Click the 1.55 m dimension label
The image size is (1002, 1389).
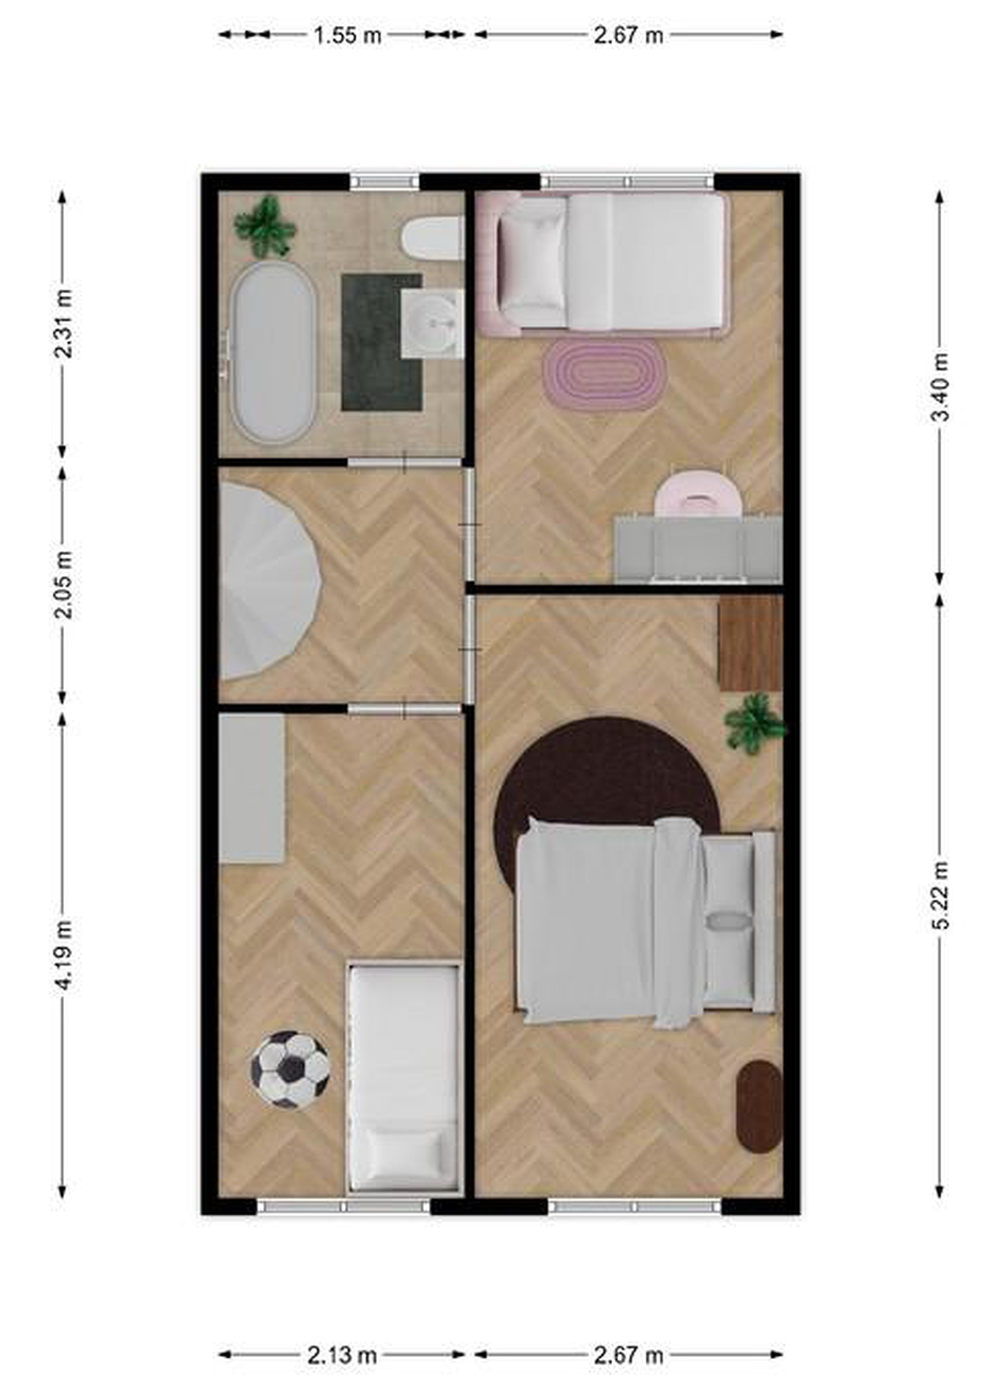pos(347,36)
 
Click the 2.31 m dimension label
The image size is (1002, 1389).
pos(63,323)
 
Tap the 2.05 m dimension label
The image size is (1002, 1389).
pos(63,585)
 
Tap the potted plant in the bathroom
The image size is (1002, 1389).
pos(265,225)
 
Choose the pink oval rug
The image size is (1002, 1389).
pos(604,375)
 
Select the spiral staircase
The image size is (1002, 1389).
pos(270,581)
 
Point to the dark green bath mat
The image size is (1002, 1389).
pos(381,342)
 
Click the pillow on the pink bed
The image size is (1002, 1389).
pos(532,263)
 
